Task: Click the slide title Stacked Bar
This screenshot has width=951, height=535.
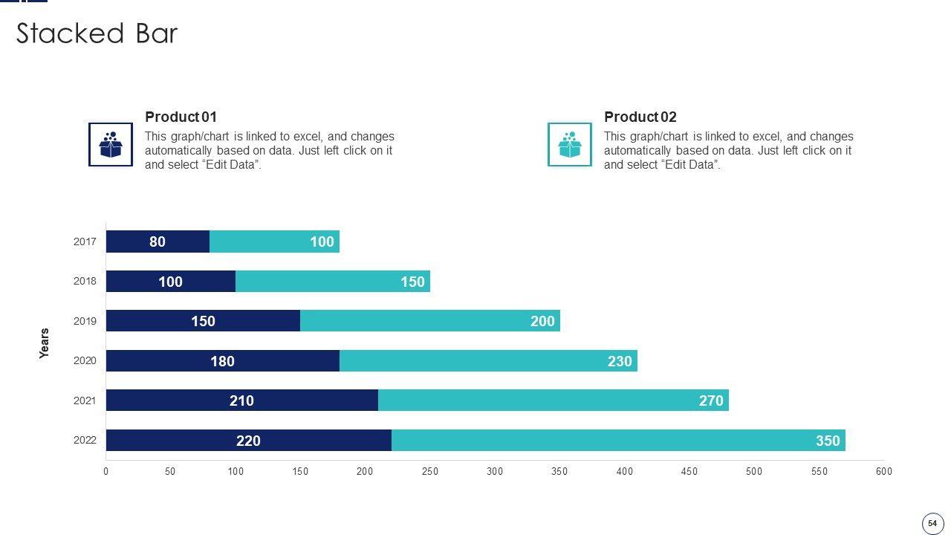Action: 97,34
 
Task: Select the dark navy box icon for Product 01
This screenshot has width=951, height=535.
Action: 111,144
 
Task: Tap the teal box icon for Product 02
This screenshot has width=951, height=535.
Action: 570,144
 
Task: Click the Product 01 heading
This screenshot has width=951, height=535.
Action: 181,117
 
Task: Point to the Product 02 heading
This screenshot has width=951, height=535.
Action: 640,117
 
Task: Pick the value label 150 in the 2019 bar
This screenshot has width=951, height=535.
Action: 203,321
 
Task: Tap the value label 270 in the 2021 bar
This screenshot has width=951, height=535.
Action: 711,401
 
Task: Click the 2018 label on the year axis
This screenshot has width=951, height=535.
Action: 85,282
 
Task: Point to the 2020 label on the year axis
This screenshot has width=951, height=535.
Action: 85,361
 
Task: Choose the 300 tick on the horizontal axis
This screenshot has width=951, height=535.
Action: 495,471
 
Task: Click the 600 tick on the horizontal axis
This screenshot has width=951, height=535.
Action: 883,471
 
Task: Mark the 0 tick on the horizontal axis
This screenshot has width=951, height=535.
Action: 106,471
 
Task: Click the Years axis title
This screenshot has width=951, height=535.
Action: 45,343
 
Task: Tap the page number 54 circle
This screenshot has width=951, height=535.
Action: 932,523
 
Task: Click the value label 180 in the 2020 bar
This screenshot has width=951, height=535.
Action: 222,361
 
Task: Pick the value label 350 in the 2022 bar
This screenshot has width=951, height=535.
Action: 828,441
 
